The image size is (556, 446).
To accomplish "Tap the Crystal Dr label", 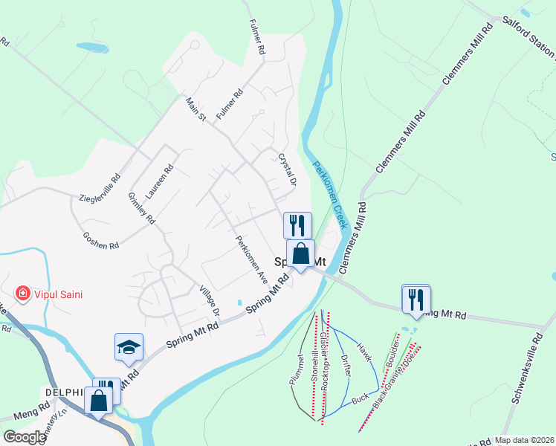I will coord(287,170).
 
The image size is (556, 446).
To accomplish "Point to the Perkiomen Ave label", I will coord(251,259).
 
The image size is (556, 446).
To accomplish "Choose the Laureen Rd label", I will coord(160,181).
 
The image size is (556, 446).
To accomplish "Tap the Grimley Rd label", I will coord(141,208).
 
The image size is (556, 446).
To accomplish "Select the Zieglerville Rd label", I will coord(100,189).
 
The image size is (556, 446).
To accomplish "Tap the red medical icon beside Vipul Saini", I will coord(23,294).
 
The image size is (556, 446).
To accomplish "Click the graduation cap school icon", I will coord(129,347).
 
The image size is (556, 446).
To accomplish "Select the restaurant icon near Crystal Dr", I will coord(297,224).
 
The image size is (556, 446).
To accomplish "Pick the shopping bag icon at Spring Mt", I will coord(300,253).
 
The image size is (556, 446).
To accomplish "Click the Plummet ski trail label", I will coord(297,369).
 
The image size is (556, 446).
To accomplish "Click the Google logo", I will coord(24,437).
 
